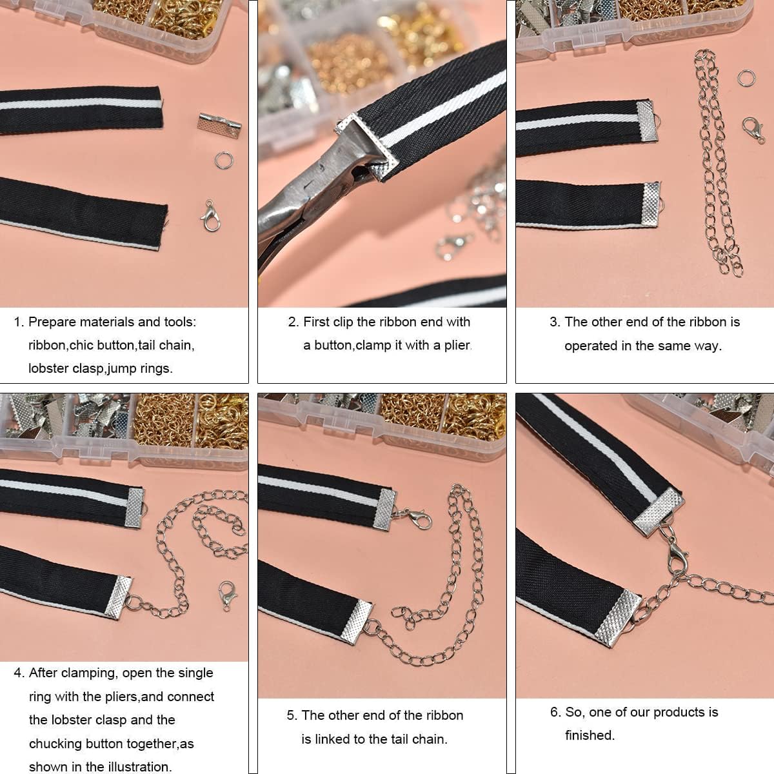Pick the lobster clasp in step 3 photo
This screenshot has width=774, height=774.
click(x=753, y=130)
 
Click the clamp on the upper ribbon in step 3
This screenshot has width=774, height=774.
click(x=646, y=121)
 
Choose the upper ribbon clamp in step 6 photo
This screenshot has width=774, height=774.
click(x=657, y=511)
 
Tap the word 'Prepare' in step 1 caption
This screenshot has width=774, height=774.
click(x=52, y=322)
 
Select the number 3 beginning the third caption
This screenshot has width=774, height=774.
click(x=554, y=322)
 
